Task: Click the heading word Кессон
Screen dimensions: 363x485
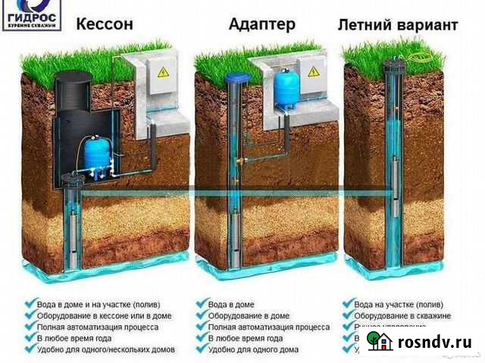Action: (105, 24)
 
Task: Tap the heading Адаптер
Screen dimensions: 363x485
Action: (261, 24)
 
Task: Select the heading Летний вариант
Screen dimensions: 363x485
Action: (397, 25)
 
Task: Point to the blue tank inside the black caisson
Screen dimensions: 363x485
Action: (96, 151)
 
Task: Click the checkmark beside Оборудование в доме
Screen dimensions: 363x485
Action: (201, 315)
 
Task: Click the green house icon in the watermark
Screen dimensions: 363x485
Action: (378, 341)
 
